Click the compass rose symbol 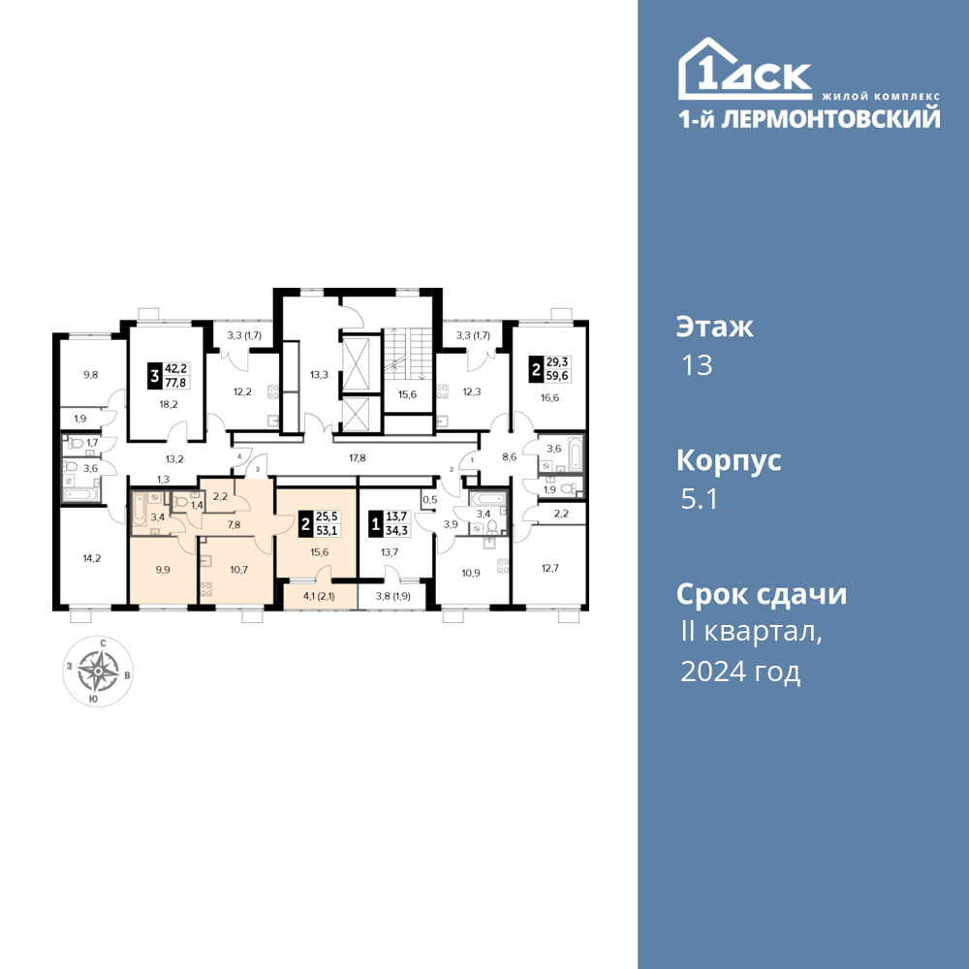(x=98, y=672)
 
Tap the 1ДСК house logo (x=744, y=69)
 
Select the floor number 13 (x=697, y=365)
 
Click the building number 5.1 (x=699, y=499)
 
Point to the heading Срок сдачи (x=762, y=595)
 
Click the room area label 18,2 (x=169, y=405)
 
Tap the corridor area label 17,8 (x=358, y=458)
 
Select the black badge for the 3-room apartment (x=154, y=376)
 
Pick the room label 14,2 (x=91, y=558)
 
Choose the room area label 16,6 (x=549, y=398)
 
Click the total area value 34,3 (x=396, y=531)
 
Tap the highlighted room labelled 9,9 (x=163, y=570)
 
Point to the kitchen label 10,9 (x=471, y=573)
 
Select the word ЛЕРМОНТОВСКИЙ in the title (x=831, y=118)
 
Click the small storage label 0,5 (x=429, y=499)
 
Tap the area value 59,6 (x=557, y=376)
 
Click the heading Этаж (x=715, y=327)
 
